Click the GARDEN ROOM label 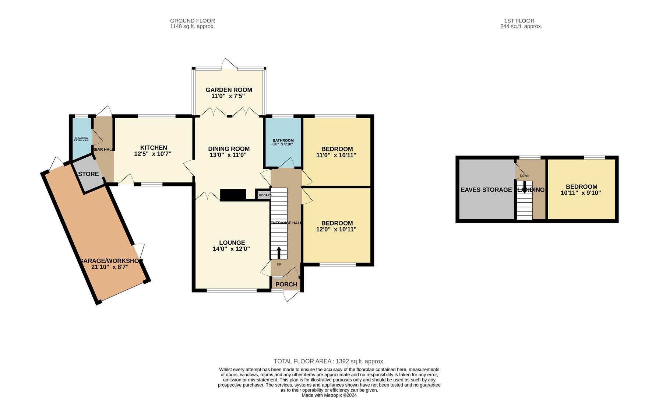coord(229,90)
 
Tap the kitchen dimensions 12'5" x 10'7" coord(153,154)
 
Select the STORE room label coord(88,174)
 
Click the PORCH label coord(286,284)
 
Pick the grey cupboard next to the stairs coord(264,195)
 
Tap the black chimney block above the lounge coord(233,195)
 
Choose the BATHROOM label coord(283,140)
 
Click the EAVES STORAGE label coord(486,190)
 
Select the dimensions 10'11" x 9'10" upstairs coord(581,193)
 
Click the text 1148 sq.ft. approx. coord(192,27)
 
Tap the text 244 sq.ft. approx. coord(521,27)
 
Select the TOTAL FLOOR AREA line coord(329,362)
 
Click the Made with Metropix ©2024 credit coord(329,395)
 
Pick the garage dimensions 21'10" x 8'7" coord(110,267)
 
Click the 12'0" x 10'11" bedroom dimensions coord(336,229)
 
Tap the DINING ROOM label coord(229,149)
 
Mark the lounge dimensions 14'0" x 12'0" coord(231,249)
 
